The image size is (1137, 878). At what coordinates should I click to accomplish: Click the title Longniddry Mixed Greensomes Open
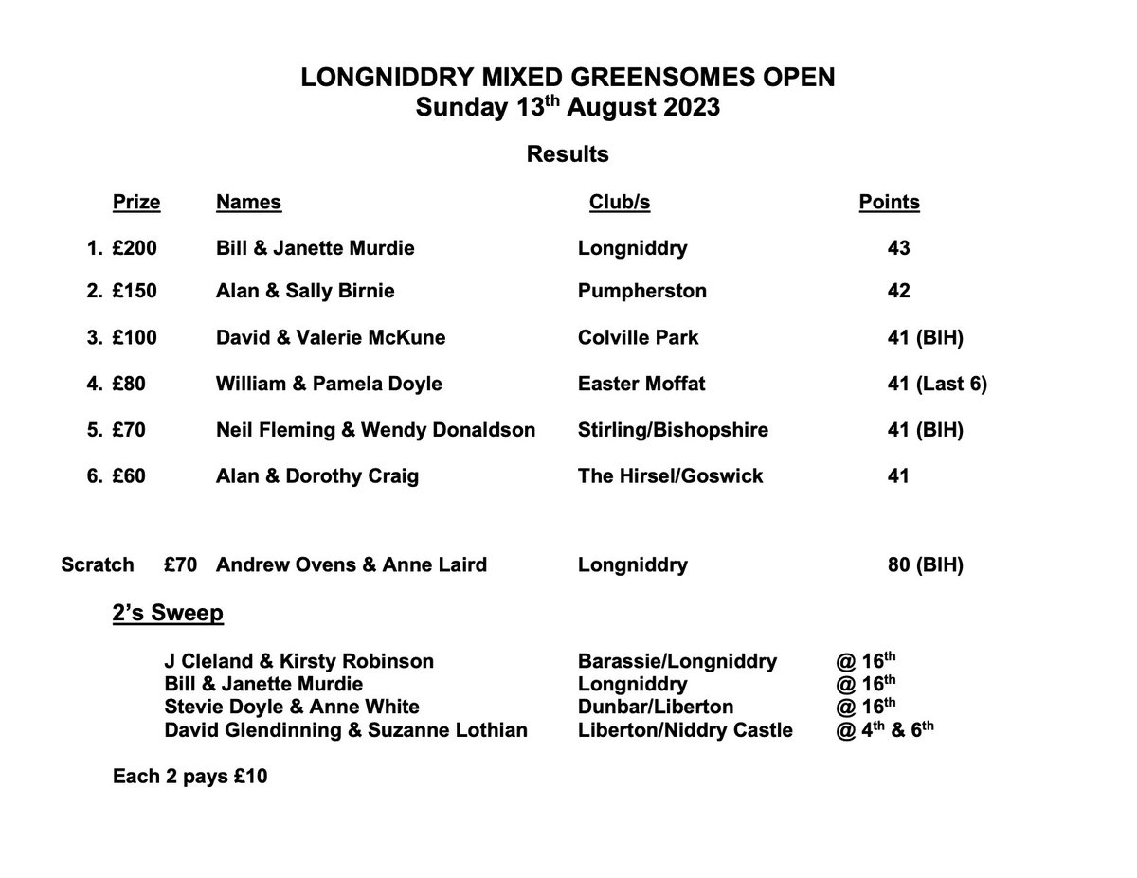pos(568,78)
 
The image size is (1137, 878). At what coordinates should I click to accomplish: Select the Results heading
pos(568,153)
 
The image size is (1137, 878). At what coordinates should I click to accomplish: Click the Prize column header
pos(136,202)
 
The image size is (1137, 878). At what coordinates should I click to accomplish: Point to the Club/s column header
pos(620,202)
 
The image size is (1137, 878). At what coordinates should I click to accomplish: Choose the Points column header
pos(889,202)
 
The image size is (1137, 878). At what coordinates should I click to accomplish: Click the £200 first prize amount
pos(134,248)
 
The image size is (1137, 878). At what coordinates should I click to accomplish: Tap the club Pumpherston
pos(641,291)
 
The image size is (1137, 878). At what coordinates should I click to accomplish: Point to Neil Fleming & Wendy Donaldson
pos(375,430)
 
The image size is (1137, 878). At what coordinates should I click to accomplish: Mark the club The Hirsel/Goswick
pos(670,476)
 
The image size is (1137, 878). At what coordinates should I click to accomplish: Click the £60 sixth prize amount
pos(129,476)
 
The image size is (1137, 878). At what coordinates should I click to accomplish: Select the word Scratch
pos(98,565)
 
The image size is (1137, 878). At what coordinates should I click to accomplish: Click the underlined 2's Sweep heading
pos(168,614)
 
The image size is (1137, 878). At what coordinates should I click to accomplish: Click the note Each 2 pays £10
pos(189,778)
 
